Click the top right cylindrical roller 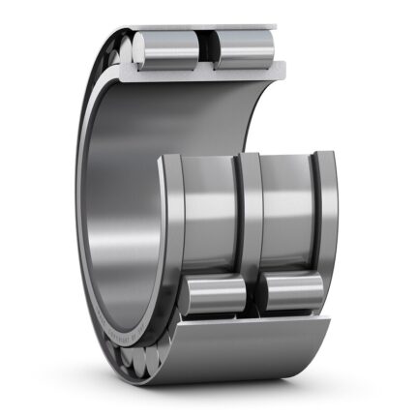pos(241,49)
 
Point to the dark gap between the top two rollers pos(206,49)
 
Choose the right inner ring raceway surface pos(285,208)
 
